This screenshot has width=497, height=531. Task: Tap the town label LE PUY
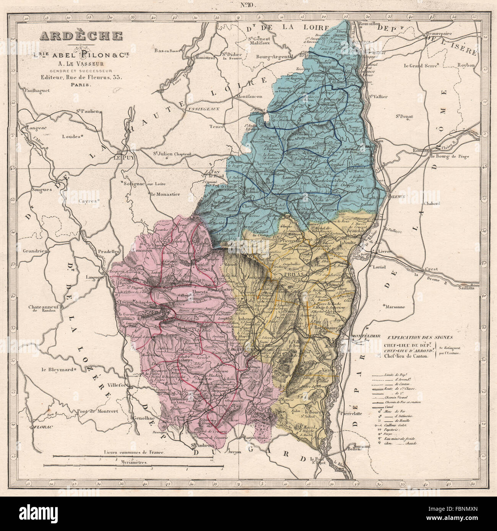122,157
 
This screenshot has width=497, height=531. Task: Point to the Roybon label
465,65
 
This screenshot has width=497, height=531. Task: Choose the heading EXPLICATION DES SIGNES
419,337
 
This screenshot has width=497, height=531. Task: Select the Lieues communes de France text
133,452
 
